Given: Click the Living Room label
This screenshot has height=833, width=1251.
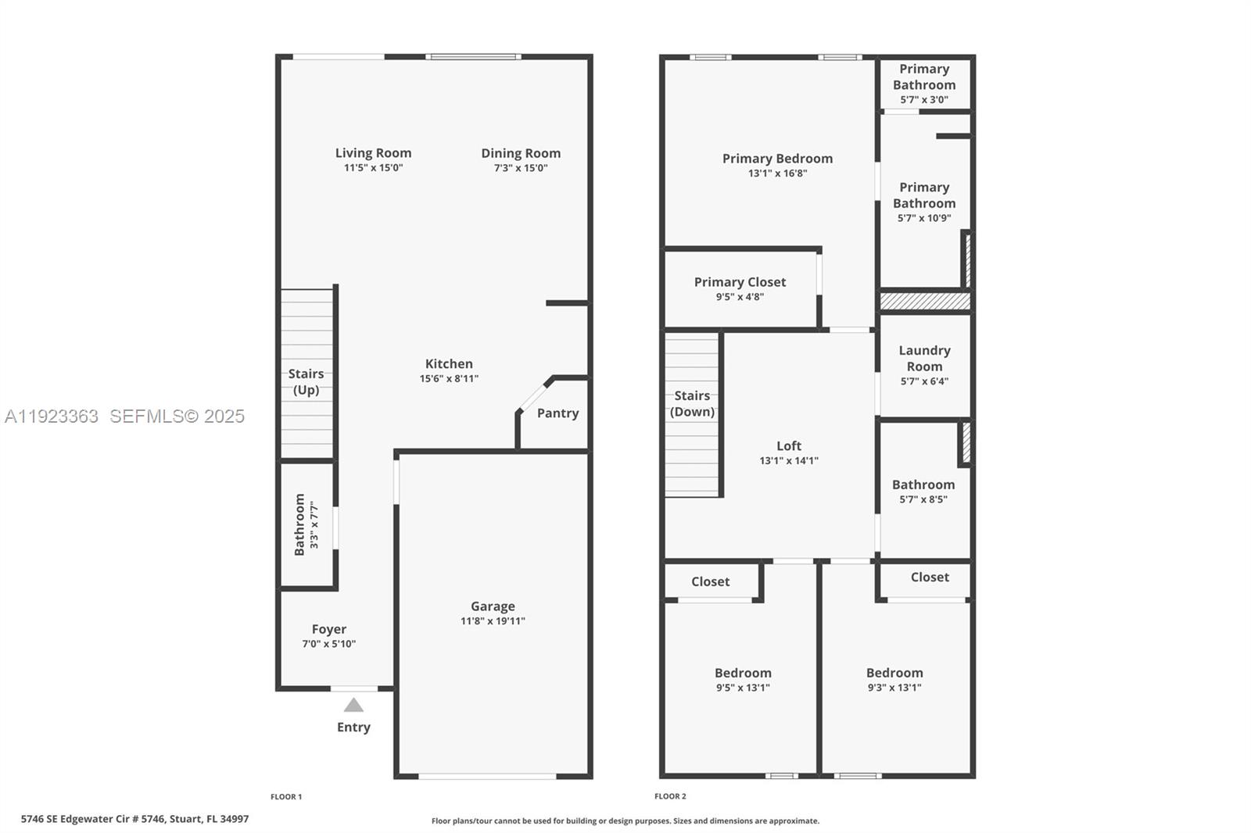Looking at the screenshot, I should (x=373, y=153).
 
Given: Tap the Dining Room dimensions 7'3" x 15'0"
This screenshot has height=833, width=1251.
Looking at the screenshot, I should (x=521, y=168).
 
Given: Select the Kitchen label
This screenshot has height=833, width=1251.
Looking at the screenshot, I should (x=449, y=363).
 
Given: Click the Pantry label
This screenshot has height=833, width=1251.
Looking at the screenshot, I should (x=557, y=413).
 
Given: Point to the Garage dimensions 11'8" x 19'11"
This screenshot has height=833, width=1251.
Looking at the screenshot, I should (x=493, y=621).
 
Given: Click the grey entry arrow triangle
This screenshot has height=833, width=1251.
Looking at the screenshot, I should (x=353, y=706).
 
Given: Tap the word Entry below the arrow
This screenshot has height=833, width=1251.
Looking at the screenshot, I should (x=353, y=727).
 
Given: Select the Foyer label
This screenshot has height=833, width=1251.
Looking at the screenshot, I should (x=328, y=629).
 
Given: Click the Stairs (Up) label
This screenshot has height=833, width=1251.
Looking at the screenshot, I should (x=306, y=381).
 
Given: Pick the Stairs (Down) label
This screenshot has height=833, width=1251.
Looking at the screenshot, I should (x=692, y=403).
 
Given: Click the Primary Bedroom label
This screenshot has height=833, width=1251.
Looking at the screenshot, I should (x=777, y=159).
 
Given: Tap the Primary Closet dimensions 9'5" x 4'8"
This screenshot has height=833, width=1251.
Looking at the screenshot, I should (x=740, y=297).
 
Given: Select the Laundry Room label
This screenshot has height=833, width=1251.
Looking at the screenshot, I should (x=924, y=359).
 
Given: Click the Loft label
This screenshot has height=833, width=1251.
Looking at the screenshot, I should (x=789, y=446).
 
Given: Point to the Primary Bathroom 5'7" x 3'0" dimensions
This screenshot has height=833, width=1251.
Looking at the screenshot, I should (x=924, y=100).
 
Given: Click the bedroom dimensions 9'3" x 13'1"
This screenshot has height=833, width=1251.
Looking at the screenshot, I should (x=894, y=688).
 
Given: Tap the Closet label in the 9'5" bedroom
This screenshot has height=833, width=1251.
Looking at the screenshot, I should (x=710, y=581).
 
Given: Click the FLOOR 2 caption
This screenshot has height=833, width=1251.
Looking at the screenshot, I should (x=670, y=796).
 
